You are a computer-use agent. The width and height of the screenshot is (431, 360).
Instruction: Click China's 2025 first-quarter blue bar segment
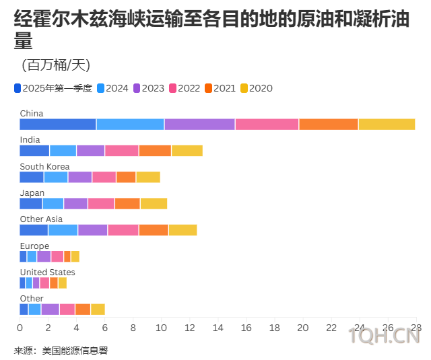pyautogui.click(x=58, y=124)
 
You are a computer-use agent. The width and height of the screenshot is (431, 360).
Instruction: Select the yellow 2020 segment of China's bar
pyautogui.click(x=387, y=124)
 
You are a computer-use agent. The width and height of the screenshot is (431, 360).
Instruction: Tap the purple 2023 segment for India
pyautogui.click(x=90, y=151)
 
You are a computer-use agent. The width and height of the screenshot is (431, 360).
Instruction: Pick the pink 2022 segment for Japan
pyautogui.click(x=101, y=203)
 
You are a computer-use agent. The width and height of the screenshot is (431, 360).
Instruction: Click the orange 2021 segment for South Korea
pyautogui.click(x=126, y=177)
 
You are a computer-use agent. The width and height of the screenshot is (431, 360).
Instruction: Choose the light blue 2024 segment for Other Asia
pyautogui.click(x=63, y=230)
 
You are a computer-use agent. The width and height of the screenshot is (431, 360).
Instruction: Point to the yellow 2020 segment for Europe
pyautogui.click(x=75, y=256)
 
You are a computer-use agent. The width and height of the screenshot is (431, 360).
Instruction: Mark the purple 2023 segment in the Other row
pyautogui.click(x=51, y=309)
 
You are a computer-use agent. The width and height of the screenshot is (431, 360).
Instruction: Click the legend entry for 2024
pyautogui.click(x=112, y=88)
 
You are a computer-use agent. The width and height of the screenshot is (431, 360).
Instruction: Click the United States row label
pyautogui.click(x=47, y=272)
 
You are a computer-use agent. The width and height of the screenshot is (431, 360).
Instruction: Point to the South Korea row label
pyautogui.click(x=44, y=166)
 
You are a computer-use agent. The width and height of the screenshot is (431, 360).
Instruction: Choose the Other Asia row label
pyautogui.click(x=41, y=219)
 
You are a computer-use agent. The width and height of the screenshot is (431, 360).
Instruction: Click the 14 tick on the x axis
pyautogui.click(x=218, y=328)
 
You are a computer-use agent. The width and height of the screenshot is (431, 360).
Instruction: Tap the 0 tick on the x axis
pyautogui.click(x=20, y=328)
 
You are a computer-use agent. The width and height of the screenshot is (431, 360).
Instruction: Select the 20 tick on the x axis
pyautogui.click(x=303, y=328)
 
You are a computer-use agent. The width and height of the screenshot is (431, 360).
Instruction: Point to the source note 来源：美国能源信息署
pyautogui.click(x=61, y=351)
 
